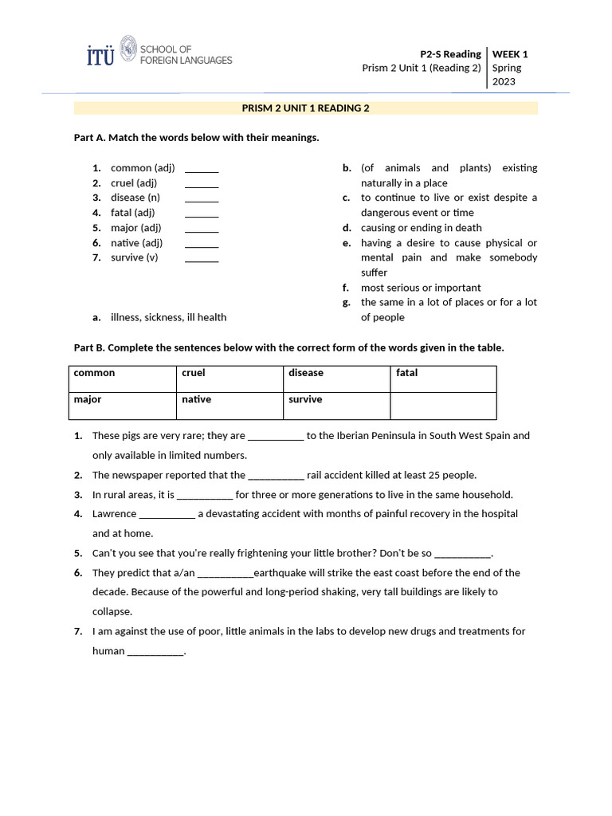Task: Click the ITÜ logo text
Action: point(100,55)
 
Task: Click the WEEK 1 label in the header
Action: point(510,54)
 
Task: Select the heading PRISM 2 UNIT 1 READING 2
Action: point(306,108)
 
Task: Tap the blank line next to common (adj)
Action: point(202,169)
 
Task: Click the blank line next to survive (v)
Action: point(202,258)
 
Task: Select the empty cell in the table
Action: point(442,406)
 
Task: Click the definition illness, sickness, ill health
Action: point(168,317)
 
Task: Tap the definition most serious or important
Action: point(421,288)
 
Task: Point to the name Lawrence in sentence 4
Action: point(114,514)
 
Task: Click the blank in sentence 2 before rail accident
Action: point(276,476)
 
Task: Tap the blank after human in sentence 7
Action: point(155,652)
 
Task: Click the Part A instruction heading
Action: point(196,138)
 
